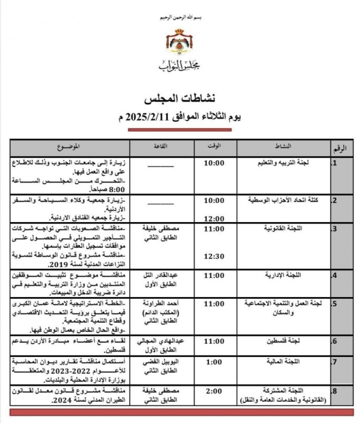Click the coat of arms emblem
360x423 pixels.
[179, 43]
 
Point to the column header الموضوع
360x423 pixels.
[69, 145]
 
